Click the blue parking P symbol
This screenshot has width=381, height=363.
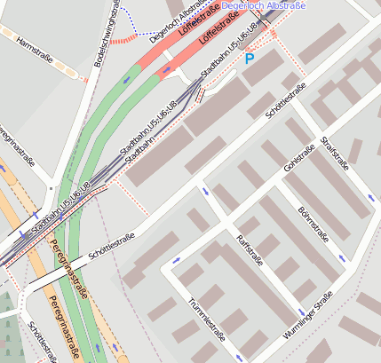[x=250, y=59]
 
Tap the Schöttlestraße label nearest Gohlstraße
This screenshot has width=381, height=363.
[x=285, y=101]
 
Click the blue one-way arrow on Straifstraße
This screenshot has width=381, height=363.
[x=369, y=197]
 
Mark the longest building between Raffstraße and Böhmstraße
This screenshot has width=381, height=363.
[x=294, y=236]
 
